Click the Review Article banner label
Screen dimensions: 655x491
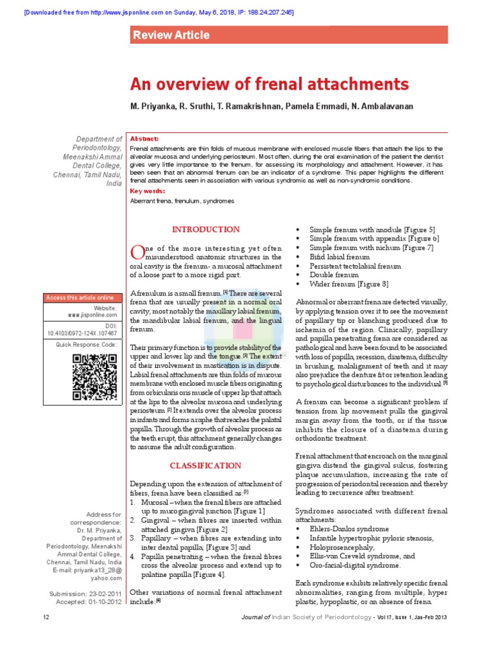(x=171, y=35)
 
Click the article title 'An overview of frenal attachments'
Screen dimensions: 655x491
(x=269, y=84)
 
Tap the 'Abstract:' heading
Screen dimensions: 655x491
(x=144, y=139)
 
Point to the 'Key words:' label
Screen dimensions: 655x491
(x=147, y=191)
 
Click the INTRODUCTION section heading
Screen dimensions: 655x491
(x=205, y=229)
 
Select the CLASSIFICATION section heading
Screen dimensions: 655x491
(x=205, y=466)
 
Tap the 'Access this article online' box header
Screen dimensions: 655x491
(x=80, y=297)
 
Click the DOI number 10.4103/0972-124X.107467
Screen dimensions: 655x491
(x=82, y=333)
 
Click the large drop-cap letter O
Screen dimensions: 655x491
(x=137, y=251)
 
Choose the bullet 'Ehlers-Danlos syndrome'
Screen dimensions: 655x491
(x=349, y=529)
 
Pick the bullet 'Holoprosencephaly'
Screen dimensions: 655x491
(x=342, y=548)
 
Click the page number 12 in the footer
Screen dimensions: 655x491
(x=46, y=617)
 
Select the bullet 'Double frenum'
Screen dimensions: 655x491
(x=334, y=275)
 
